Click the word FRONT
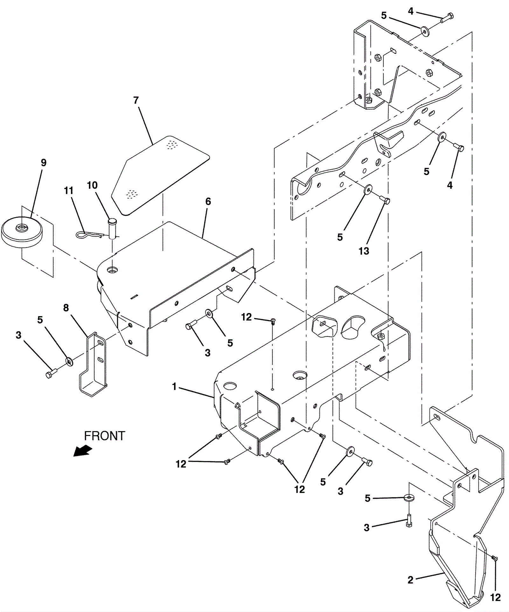105,436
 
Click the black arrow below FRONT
83,451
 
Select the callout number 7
136,100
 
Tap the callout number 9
44,163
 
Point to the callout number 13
364,251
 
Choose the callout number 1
174,387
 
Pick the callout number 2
410,580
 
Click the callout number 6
208,201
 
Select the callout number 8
66,308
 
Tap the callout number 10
92,185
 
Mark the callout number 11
69,191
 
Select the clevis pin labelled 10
112,228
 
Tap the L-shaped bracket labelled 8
93,364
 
